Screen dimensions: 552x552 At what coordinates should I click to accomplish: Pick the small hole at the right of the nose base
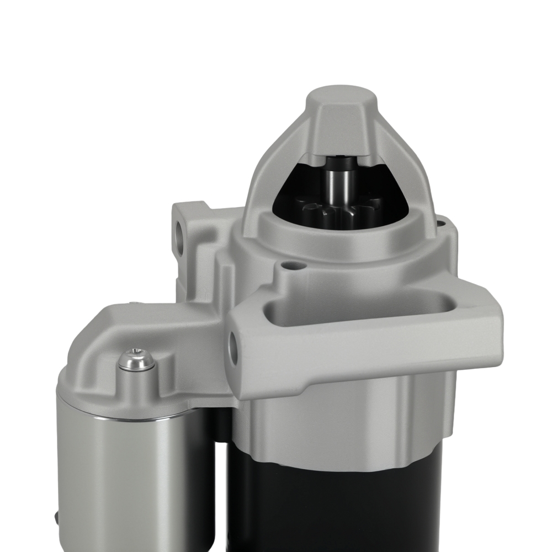(440, 224)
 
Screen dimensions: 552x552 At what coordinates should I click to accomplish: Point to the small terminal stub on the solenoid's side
(57, 517)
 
